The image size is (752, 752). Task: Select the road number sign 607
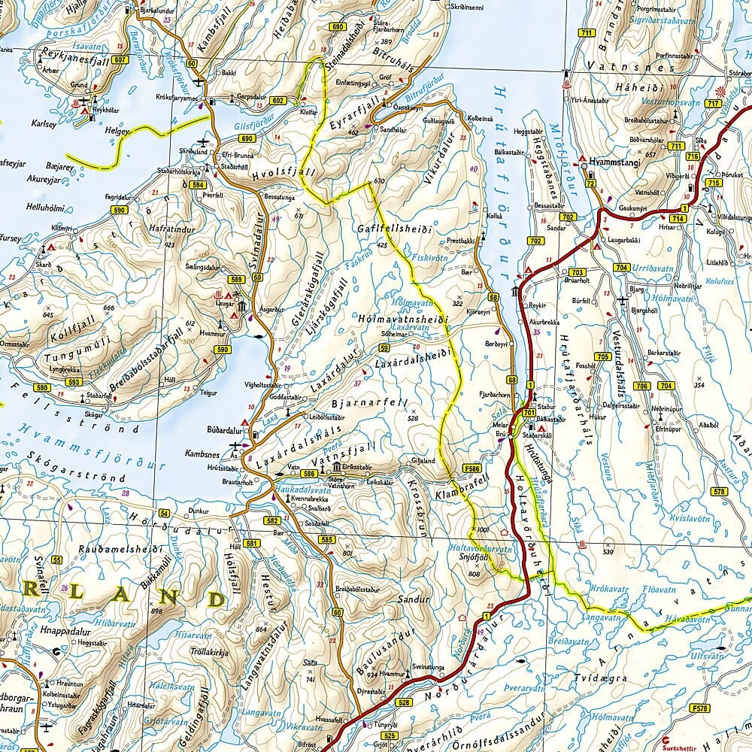[x=122, y=59]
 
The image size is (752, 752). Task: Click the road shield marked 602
[x=279, y=101]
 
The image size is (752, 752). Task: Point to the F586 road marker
[x=472, y=468]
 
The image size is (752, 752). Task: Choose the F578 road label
[x=701, y=708]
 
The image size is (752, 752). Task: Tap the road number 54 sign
[x=164, y=513]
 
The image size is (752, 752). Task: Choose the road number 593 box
[x=73, y=382]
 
